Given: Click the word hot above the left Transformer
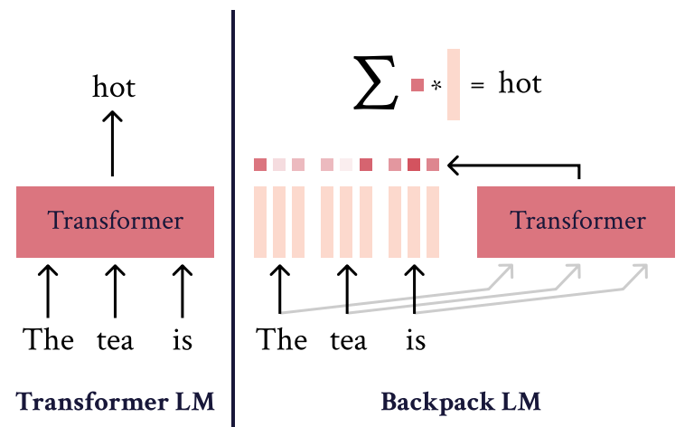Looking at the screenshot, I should [113, 87].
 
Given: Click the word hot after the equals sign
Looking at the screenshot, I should [520, 84].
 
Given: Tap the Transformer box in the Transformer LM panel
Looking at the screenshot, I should [115, 222].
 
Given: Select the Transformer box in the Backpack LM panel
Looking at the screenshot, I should [577, 222].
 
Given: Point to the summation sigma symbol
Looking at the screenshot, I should [375, 84].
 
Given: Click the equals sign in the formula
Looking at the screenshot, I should [477, 85].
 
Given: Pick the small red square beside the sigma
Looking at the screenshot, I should [417, 85].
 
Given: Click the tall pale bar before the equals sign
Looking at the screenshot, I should [454, 84].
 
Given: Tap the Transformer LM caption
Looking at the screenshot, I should [115, 401].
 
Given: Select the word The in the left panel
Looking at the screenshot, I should [49, 340].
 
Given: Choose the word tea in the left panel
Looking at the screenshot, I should [115, 341].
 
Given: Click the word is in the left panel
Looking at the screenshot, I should [183, 341].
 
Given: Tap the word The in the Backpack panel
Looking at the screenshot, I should [282, 340].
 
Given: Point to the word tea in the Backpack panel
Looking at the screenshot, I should [348, 341].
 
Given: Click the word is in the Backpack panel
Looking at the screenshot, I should [415, 341].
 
